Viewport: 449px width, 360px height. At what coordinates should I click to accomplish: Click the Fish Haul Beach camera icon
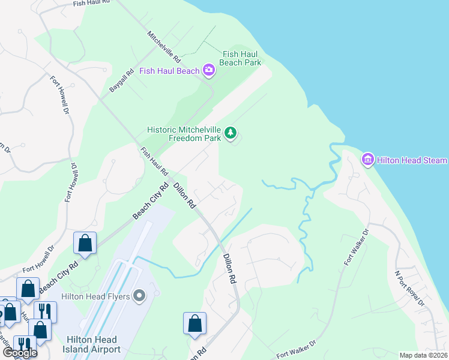(208, 71)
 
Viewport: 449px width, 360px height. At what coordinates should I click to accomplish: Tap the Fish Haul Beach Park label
(240, 58)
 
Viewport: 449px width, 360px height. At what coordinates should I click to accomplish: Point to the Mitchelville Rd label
(164, 47)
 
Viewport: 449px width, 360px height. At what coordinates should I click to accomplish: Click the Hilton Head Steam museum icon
(367, 160)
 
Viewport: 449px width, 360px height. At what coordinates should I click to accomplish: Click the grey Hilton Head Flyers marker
(140, 296)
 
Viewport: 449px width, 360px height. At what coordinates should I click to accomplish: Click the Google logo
(20, 352)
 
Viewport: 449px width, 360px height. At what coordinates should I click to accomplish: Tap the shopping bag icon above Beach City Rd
(85, 244)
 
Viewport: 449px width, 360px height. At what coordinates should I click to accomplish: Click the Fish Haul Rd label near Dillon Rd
(154, 162)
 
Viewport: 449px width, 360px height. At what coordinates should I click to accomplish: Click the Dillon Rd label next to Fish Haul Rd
(185, 196)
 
